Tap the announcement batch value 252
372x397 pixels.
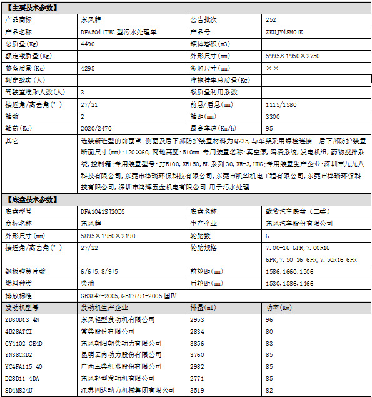(x=271, y=20)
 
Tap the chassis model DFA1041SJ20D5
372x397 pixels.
(x=103, y=212)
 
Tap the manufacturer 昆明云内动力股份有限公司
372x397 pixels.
(x=116, y=355)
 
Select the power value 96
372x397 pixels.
(x=269, y=319)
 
